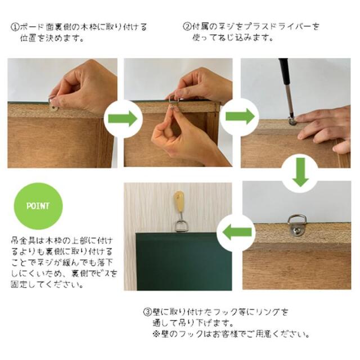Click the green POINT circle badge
(x=38, y=206)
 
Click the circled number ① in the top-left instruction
(x=13, y=27)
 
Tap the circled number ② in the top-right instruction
(x=187, y=27)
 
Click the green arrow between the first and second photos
(x=123, y=118)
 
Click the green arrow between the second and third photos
(x=239, y=117)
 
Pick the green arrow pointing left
(x=237, y=231)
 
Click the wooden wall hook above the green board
(x=179, y=204)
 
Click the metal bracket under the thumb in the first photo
(x=53, y=103)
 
